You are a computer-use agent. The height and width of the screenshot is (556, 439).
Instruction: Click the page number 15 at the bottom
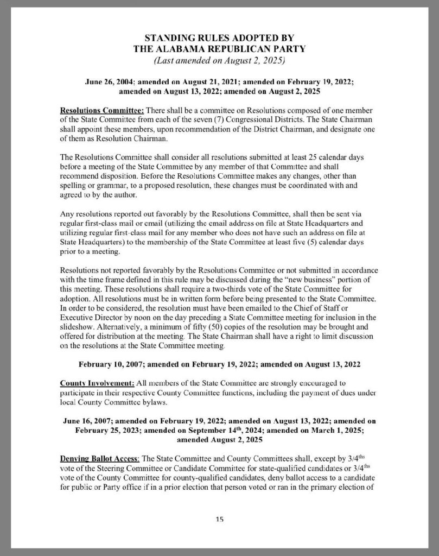point(219,519)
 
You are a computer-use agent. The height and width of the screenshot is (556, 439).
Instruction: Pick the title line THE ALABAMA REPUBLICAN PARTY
point(219,48)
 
